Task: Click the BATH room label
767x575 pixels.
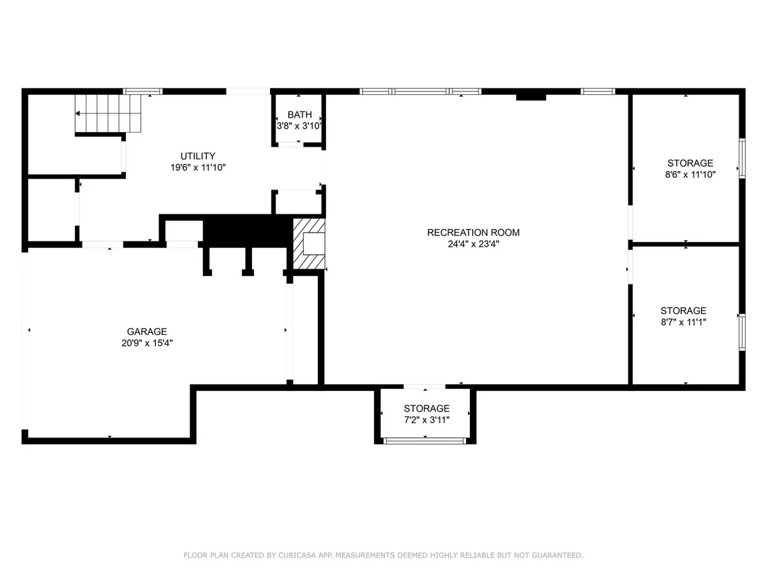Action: click(299, 114)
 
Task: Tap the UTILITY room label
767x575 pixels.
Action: click(197, 156)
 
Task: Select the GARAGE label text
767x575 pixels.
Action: click(147, 331)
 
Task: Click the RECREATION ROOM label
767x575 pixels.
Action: click(473, 232)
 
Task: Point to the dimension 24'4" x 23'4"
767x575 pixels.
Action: click(473, 244)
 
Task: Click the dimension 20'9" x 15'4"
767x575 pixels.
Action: click(147, 343)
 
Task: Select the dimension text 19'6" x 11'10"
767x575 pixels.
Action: click(197, 167)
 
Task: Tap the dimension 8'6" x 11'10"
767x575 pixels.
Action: click(690, 174)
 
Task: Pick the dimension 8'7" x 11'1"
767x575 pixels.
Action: click(683, 322)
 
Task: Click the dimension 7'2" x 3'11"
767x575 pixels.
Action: click(426, 419)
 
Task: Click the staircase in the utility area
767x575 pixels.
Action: click(108, 113)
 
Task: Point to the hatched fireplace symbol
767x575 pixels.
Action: click(309, 244)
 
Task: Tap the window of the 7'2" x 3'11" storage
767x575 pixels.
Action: click(424, 441)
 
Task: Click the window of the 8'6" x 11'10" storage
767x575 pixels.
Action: click(742, 158)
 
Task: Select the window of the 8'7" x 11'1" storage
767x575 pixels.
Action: click(742, 332)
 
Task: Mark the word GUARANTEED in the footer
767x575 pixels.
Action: click(557, 555)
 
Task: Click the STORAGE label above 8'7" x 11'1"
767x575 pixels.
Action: click(683, 311)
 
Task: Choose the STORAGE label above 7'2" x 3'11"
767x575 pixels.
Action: click(426, 408)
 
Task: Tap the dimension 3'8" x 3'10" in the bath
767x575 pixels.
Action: click(299, 126)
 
